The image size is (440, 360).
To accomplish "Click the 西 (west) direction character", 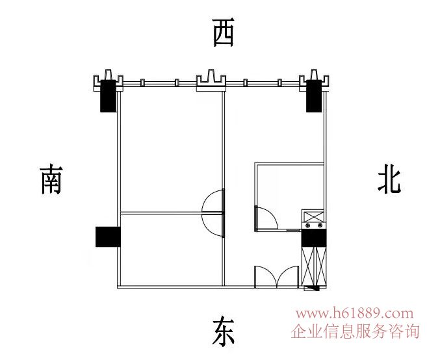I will [223, 32].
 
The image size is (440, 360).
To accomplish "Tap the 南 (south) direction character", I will [51, 179].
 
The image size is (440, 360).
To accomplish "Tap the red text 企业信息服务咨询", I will [356, 332].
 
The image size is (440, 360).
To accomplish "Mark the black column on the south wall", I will [108, 237].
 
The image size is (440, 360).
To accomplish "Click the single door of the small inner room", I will [265, 217].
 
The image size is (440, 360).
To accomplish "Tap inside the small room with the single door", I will [289, 195].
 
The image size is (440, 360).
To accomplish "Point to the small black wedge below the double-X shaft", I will [315, 287].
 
